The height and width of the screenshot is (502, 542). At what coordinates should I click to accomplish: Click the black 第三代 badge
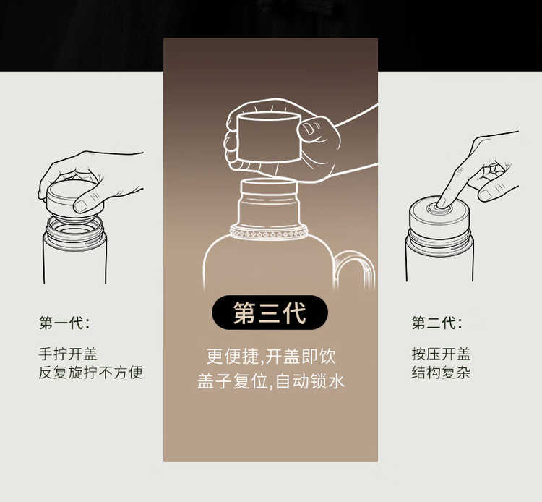point(270,312)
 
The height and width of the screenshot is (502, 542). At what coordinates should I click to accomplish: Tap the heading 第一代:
point(65,323)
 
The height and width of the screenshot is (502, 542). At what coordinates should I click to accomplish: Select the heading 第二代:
point(437,323)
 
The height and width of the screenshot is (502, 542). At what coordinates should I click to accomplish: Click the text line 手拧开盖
point(68,354)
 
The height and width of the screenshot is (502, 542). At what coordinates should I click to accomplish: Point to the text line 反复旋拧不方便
point(90,373)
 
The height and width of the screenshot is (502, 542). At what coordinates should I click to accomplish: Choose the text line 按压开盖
point(441,354)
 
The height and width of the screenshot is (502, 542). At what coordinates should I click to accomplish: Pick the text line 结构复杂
point(441,373)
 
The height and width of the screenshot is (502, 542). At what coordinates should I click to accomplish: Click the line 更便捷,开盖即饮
point(271,356)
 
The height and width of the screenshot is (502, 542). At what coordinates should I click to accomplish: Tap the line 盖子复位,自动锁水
point(271,381)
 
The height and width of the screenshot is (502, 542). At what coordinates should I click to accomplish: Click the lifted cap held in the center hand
point(270,137)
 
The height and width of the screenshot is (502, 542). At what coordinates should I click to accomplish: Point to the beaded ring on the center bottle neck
point(269,232)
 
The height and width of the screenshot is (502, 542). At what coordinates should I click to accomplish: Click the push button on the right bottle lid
point(439,208)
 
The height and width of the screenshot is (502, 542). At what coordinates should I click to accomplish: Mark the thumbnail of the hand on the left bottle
point(80,206)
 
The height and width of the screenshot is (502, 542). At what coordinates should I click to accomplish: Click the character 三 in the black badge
point(270,312)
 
